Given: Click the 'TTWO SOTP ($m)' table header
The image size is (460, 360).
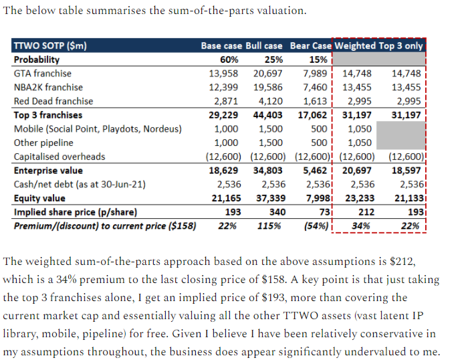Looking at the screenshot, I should click(50, 46).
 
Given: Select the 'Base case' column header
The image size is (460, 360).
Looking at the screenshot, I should click(221, 46).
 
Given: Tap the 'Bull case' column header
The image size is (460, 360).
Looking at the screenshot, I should click(264, 46).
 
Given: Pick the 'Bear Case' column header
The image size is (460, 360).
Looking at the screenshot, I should click(310, 46).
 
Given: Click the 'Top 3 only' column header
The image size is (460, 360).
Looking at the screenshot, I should click(401, 46).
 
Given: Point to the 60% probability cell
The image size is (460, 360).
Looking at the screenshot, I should click(229, 60).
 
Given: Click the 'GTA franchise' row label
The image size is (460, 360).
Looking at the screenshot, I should click(42, 74).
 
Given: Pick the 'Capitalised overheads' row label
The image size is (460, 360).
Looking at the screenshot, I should click(60, 157).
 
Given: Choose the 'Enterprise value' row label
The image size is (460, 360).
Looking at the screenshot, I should click(47, 171).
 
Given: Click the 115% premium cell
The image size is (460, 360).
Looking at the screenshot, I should click(271, 226).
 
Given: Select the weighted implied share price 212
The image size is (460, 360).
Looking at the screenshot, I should click(366, 212).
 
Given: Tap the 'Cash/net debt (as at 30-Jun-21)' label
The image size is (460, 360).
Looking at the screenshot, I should click(80, 184).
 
